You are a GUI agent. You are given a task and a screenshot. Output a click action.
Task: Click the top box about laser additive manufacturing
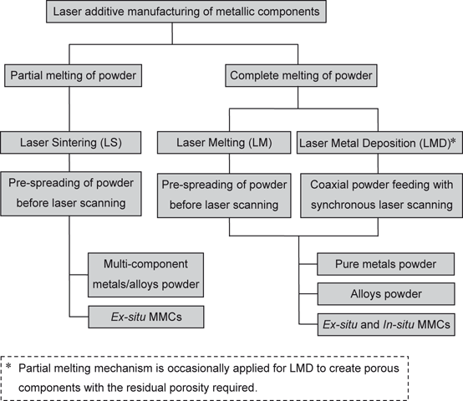click(x=173, y=12)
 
